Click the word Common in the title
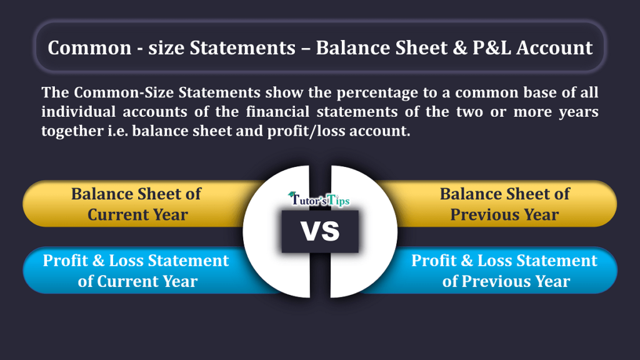coord(89,47)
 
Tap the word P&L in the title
coord(491,47)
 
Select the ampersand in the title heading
coord(459,47)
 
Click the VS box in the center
coord(320,231)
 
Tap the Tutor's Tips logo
coord(319,199)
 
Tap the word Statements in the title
coord(242,47)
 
